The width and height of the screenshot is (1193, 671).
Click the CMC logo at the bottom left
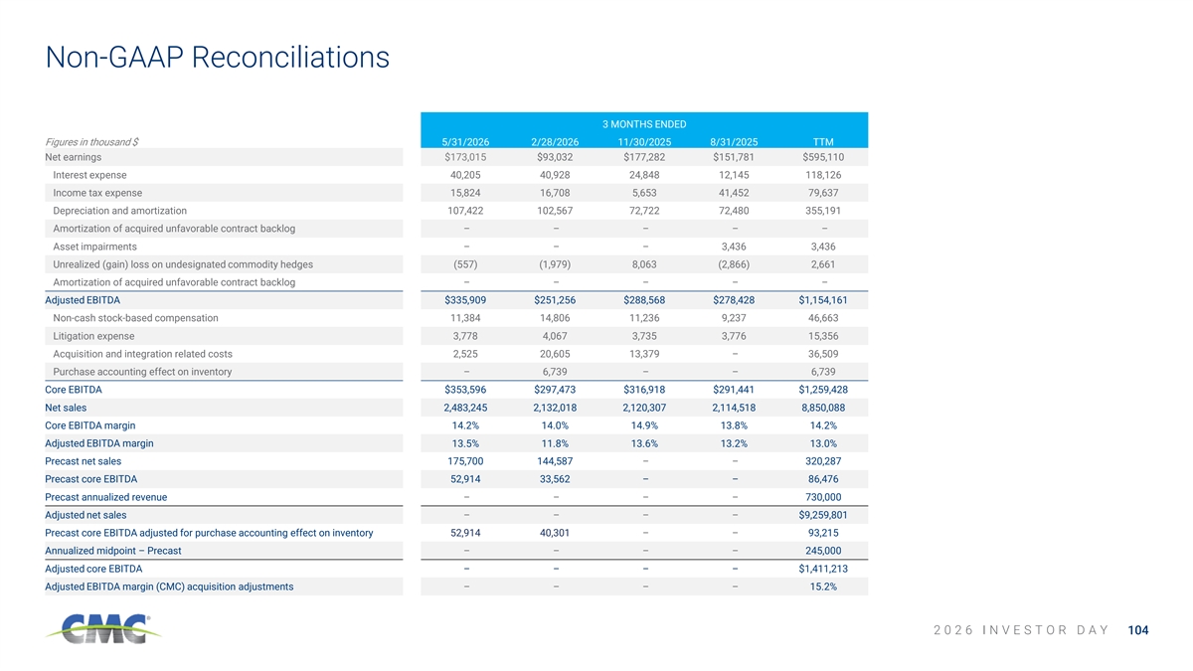103,628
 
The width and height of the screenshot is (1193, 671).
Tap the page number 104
1138,630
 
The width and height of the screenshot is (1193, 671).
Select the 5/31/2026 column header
465,142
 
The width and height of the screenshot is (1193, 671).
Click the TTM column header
823,142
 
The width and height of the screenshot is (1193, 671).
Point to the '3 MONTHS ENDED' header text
644,124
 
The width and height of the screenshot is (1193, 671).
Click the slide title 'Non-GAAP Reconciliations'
218,57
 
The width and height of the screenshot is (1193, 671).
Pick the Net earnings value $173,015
465,157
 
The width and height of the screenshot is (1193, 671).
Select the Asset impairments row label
94,247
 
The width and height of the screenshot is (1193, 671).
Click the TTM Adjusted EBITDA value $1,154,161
823,300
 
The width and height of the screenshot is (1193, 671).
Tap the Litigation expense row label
93,336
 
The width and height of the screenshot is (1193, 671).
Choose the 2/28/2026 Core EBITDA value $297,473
555,390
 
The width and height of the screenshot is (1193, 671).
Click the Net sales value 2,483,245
465,408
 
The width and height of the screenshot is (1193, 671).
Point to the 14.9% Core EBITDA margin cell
644,425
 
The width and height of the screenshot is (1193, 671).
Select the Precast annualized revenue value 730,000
823,497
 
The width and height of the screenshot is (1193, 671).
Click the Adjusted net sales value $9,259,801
823,515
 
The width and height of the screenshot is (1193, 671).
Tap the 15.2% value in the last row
823,587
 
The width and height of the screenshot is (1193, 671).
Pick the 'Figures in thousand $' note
91,142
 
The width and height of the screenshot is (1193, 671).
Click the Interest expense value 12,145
734,175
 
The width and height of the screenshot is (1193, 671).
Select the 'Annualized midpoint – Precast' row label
113,551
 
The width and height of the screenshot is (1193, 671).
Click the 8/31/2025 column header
734,142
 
